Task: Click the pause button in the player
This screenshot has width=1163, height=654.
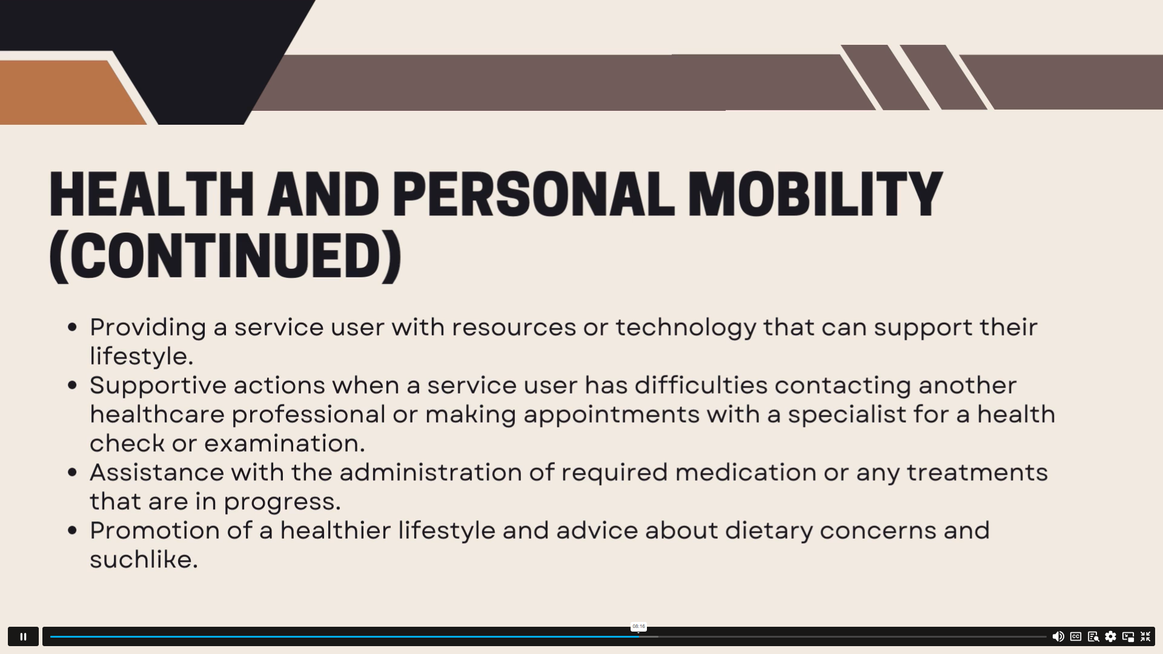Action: click(x=23, y=636)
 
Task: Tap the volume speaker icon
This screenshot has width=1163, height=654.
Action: click(x=1058, y=636)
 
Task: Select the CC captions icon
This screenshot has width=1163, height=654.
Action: click(x=1076, y=636)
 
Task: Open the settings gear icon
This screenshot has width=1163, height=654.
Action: click(x=1110, y=636)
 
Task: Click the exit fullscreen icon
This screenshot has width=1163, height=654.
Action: click(x=1145, y=636)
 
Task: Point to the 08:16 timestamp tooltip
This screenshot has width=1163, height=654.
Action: click(x=638, y=627)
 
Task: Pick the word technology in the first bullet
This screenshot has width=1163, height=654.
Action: click(x=686, y=328)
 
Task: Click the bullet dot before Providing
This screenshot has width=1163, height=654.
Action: click(x=73, y=328)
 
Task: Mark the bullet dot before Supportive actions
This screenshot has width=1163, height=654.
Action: click(x=73, y=385)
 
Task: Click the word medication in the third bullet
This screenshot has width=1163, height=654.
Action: click(x=746, y=472)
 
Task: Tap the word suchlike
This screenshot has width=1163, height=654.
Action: click(x=144, y=560)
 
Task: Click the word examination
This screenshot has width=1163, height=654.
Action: click(x=285, y=443)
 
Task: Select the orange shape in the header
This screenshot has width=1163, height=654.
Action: click(x=67, y=93)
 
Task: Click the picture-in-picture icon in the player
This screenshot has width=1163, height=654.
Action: click(x=1128, y=636)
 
